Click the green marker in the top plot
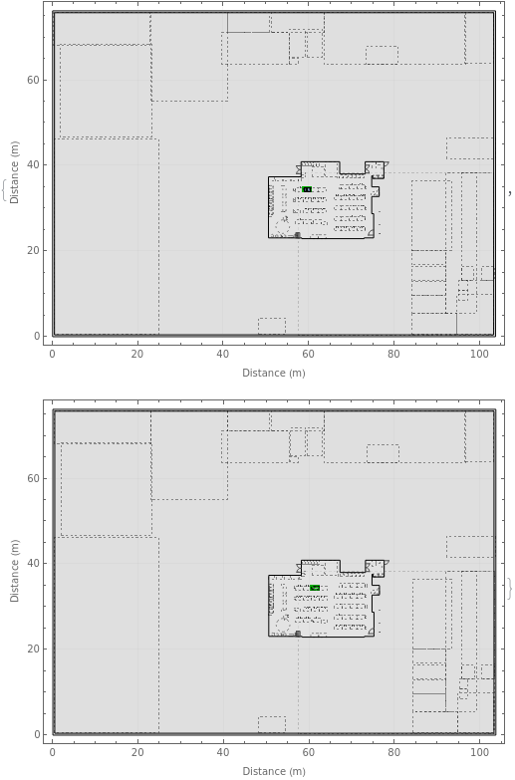pos(307,189)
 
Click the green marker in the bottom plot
pos(315,588)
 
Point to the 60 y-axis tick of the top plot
pos(33,80)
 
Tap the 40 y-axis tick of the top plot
pos(33,164)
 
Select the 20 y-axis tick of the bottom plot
pos(33,649)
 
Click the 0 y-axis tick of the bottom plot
pos(36,734)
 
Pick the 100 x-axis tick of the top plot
pos(480,355)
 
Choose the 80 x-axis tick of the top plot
pos(393,355)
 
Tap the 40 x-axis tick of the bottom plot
pos(223,753)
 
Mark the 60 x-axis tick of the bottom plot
pos(309,753)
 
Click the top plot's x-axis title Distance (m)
pos(274,374)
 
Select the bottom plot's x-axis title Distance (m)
pos(274,772)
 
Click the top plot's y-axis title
pos(14,172)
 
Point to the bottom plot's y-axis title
pos(14,571)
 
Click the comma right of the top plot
pos(510,193)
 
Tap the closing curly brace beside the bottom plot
pos(509,589)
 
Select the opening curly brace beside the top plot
pos(4,190)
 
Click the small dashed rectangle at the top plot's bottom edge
pos(272,327)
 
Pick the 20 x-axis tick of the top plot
pos(137,355)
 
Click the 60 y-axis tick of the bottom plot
pos(33,478)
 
